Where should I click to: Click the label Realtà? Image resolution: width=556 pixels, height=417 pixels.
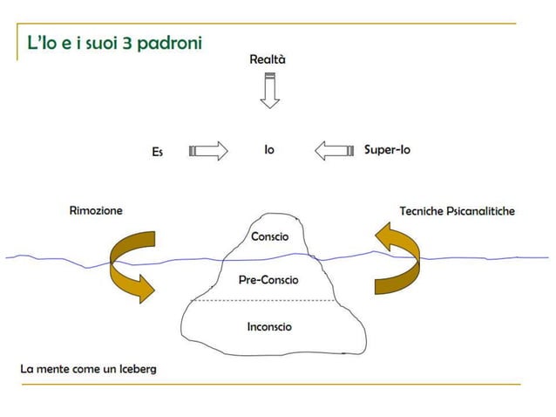point(268,59)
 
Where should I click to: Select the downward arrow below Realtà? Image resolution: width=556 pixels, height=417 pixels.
point(270,91)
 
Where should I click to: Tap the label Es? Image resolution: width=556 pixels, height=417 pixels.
point(157,152)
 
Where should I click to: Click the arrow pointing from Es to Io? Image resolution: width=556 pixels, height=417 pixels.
point(208,151)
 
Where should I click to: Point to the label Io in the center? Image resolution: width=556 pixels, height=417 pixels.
point(269,150)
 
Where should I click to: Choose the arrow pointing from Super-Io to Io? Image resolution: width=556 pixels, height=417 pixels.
point(333,151)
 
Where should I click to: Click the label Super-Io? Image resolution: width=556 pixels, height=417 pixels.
point(387,150)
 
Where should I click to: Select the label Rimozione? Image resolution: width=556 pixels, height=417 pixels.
point(96,210)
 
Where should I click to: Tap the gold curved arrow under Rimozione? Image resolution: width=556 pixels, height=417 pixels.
point(131,267)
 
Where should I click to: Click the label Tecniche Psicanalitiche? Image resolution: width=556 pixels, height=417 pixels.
point(457,210)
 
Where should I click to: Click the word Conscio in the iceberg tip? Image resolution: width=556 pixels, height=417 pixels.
point(269,236)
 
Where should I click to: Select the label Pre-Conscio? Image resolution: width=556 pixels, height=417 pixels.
point(268,280)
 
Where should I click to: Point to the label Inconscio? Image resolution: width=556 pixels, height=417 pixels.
point(269,326)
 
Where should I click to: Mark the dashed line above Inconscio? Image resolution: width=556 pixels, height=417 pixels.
point(261,301)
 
